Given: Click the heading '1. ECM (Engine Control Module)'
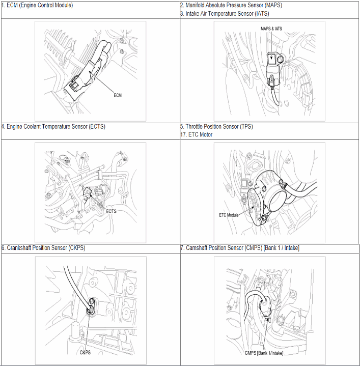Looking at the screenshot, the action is [37, 5].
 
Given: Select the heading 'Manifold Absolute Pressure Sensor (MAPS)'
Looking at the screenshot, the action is [234, 5].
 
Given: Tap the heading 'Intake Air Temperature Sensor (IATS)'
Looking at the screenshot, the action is [227, 14].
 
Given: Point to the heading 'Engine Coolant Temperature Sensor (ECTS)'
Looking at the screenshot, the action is [56, 127].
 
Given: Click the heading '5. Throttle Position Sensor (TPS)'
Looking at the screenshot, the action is [216, 127].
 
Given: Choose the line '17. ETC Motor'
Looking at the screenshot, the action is [197, 135].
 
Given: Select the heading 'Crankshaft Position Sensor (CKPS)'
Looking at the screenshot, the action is [46, 248].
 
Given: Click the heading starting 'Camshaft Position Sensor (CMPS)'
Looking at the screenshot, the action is [242, 248].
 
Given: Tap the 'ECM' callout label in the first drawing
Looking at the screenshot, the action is [118, 95].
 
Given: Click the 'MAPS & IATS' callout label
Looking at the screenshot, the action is [271, 29].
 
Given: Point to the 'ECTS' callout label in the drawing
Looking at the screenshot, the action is [111, 211].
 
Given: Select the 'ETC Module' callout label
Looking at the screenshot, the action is [229, 215].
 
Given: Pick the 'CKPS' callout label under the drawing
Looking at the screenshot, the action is [85, 352].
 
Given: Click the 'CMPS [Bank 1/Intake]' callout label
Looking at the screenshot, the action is [264, 353].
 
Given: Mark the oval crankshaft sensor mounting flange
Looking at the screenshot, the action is [91, 306].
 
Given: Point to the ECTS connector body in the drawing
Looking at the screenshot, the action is [88, 192].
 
